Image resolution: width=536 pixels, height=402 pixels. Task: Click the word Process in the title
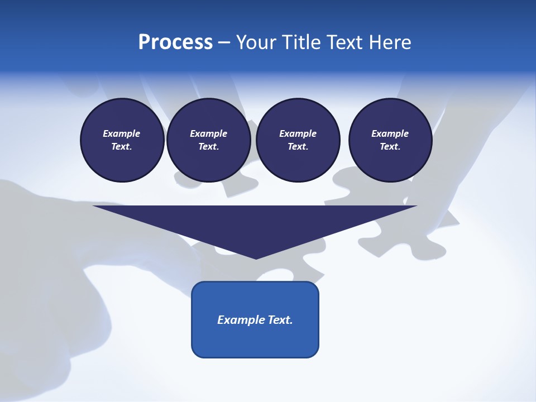(175, 42)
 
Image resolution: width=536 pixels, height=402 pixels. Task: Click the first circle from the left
(122, 140)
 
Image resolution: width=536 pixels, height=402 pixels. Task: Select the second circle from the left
(208, 140)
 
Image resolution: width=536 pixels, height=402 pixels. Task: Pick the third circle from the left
(298, 140)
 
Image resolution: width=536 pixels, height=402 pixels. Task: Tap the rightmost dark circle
(390, 140)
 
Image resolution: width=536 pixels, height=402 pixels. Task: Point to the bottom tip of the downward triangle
(256, 258)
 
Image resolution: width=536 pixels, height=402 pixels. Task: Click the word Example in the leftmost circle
(122, 133)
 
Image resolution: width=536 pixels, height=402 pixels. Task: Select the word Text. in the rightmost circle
(390, 147)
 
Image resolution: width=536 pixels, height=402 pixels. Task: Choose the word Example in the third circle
(298, 133)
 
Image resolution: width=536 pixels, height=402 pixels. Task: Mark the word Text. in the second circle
(208, 147)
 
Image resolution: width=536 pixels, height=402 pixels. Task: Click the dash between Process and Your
(224, 42)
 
